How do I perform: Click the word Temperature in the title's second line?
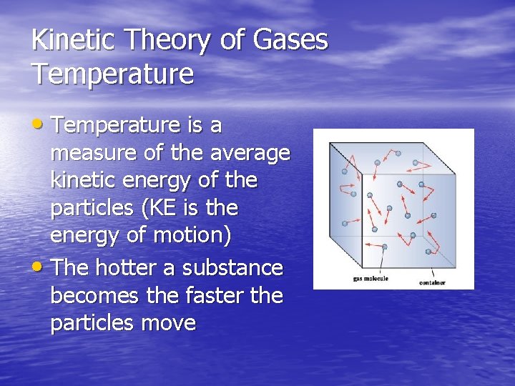[112, 73]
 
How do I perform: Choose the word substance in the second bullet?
[232, 267]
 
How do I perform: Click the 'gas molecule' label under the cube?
[370, 278]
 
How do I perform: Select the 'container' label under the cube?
[432, 282]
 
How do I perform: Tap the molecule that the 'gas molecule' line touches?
[384, 247]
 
